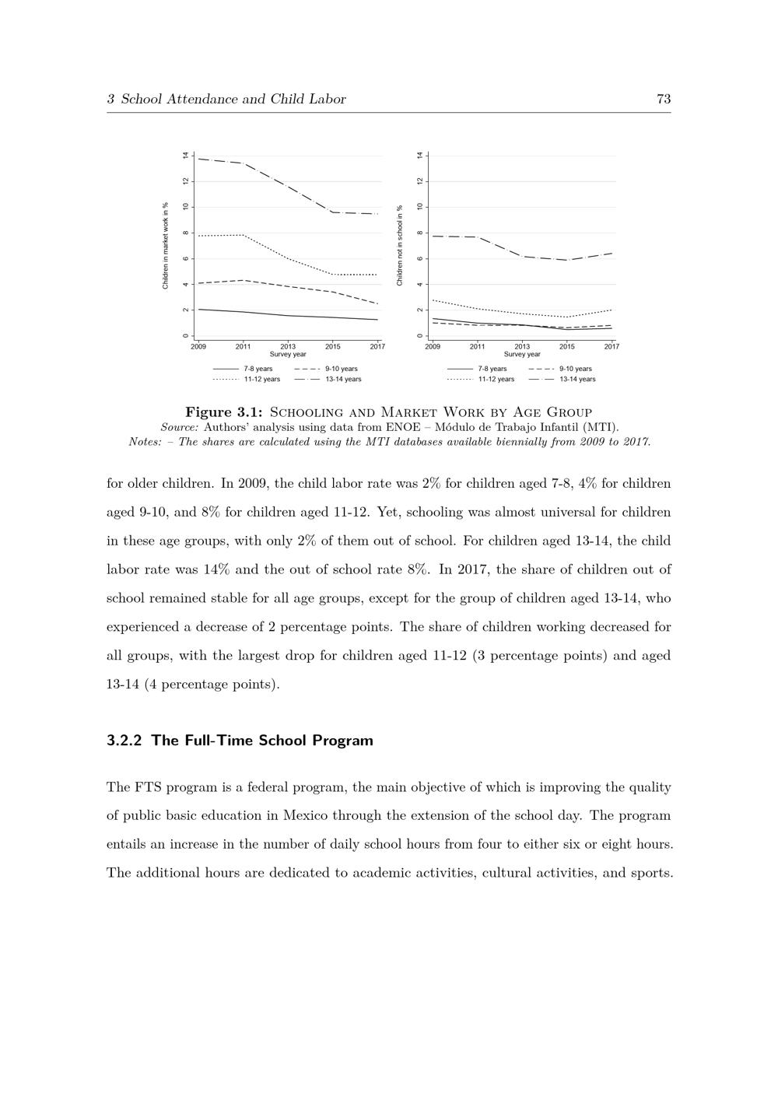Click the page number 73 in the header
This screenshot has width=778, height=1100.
(x=664, y=99)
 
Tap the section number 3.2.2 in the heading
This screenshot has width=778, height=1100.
(x=124, y=741)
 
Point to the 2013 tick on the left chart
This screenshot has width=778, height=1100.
(x=288, y=346)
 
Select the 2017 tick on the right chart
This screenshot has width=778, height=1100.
(x=612, y=346)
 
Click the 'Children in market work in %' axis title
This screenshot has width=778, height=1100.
(x=166, y=246)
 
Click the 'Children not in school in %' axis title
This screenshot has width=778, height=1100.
(x=400, y=246)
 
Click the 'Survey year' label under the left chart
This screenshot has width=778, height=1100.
(x=288, y=355)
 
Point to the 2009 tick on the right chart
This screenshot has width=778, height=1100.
(x=433, y=346)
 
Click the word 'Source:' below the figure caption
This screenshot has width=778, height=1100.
(x=180, y=427)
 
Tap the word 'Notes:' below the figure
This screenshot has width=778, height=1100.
(x=145, y=442)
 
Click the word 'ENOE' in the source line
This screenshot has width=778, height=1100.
(x=402, y=427)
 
